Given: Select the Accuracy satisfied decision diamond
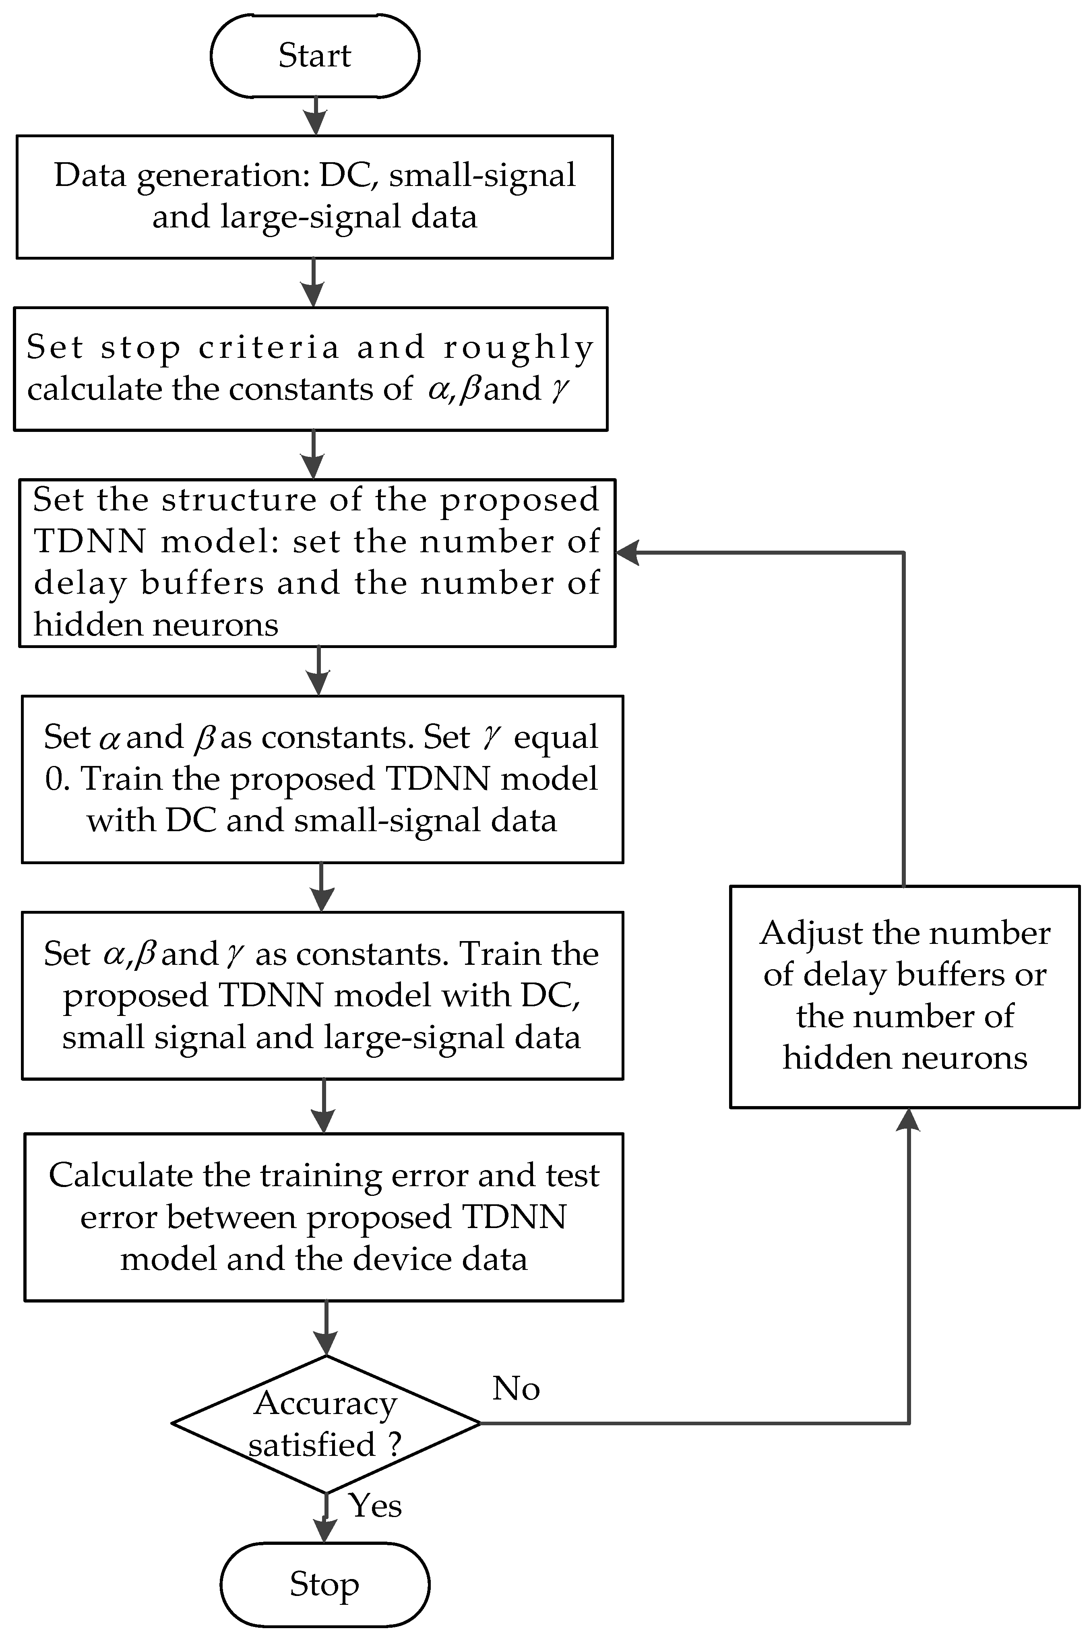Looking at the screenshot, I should (326, 1423).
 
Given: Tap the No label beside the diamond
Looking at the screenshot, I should (516, 1389).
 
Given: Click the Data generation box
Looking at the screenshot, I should (314, 197).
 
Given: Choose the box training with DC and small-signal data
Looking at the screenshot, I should (322, 779).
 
